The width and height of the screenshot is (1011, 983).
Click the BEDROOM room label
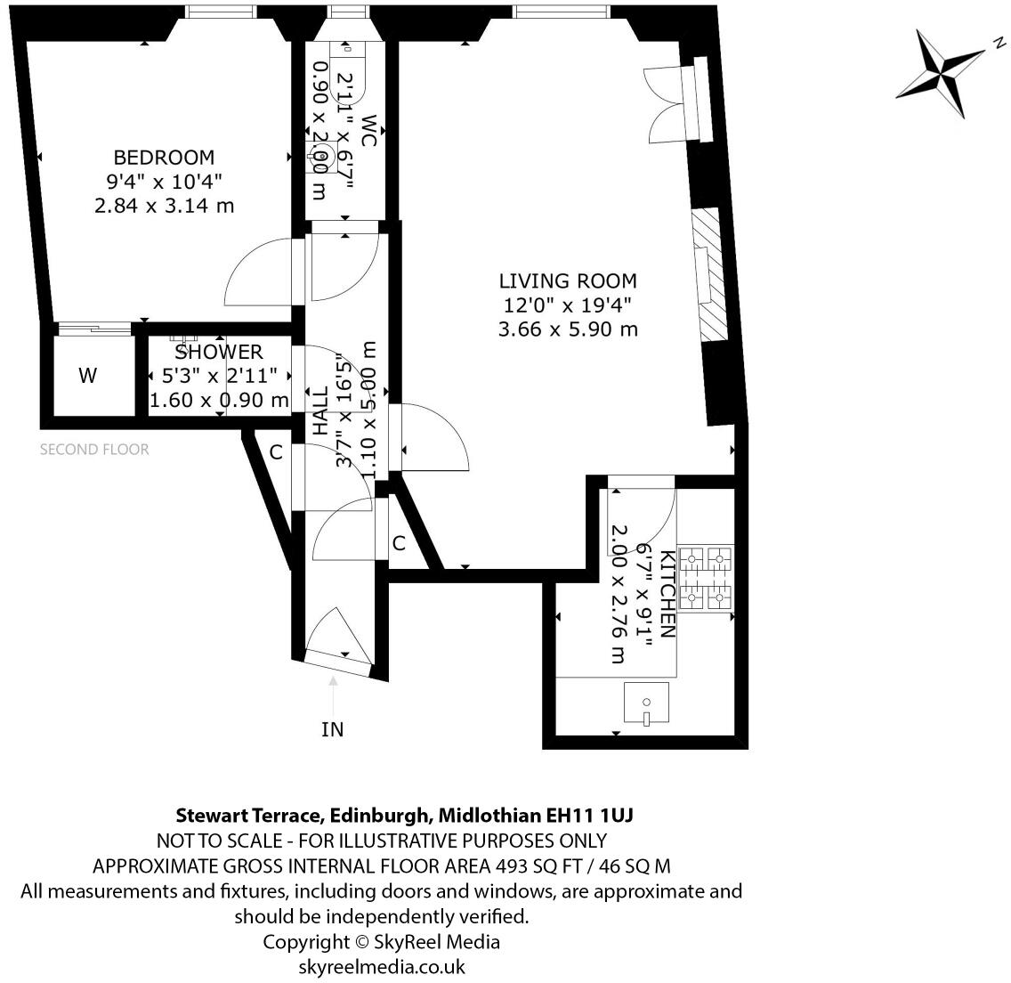pos(164,158)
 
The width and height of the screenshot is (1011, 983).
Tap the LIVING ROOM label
pos(567,281)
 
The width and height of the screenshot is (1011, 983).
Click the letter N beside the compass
pos(999,42)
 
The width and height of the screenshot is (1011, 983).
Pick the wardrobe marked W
pos(87,376)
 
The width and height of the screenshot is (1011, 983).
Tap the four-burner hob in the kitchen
pos(706,579)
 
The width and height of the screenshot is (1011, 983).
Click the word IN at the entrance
pos(332,730)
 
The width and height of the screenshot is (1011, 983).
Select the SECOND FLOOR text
pos(94,450)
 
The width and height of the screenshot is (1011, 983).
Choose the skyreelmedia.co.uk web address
pos(381,966)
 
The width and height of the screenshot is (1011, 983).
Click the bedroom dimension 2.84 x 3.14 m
pos(164,206)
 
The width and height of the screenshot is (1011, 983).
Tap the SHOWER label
pos(218,353)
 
